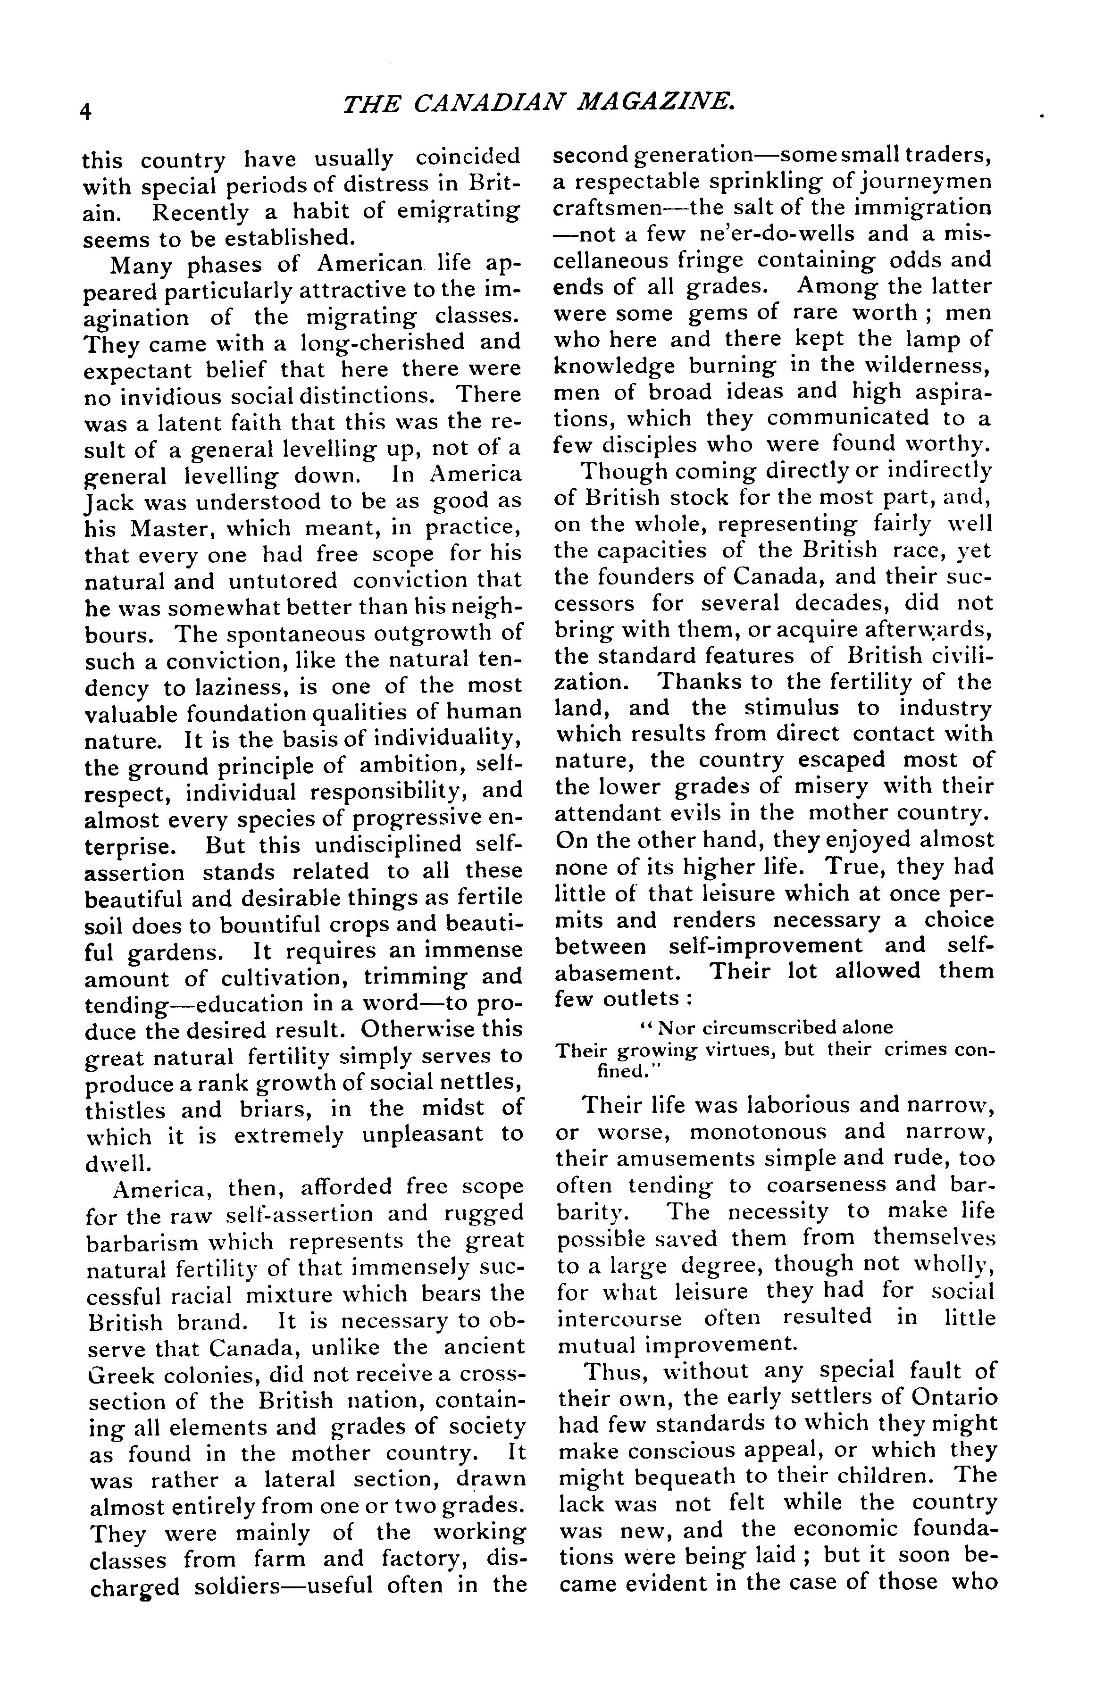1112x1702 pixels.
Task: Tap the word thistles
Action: (x=125, y=1110)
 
